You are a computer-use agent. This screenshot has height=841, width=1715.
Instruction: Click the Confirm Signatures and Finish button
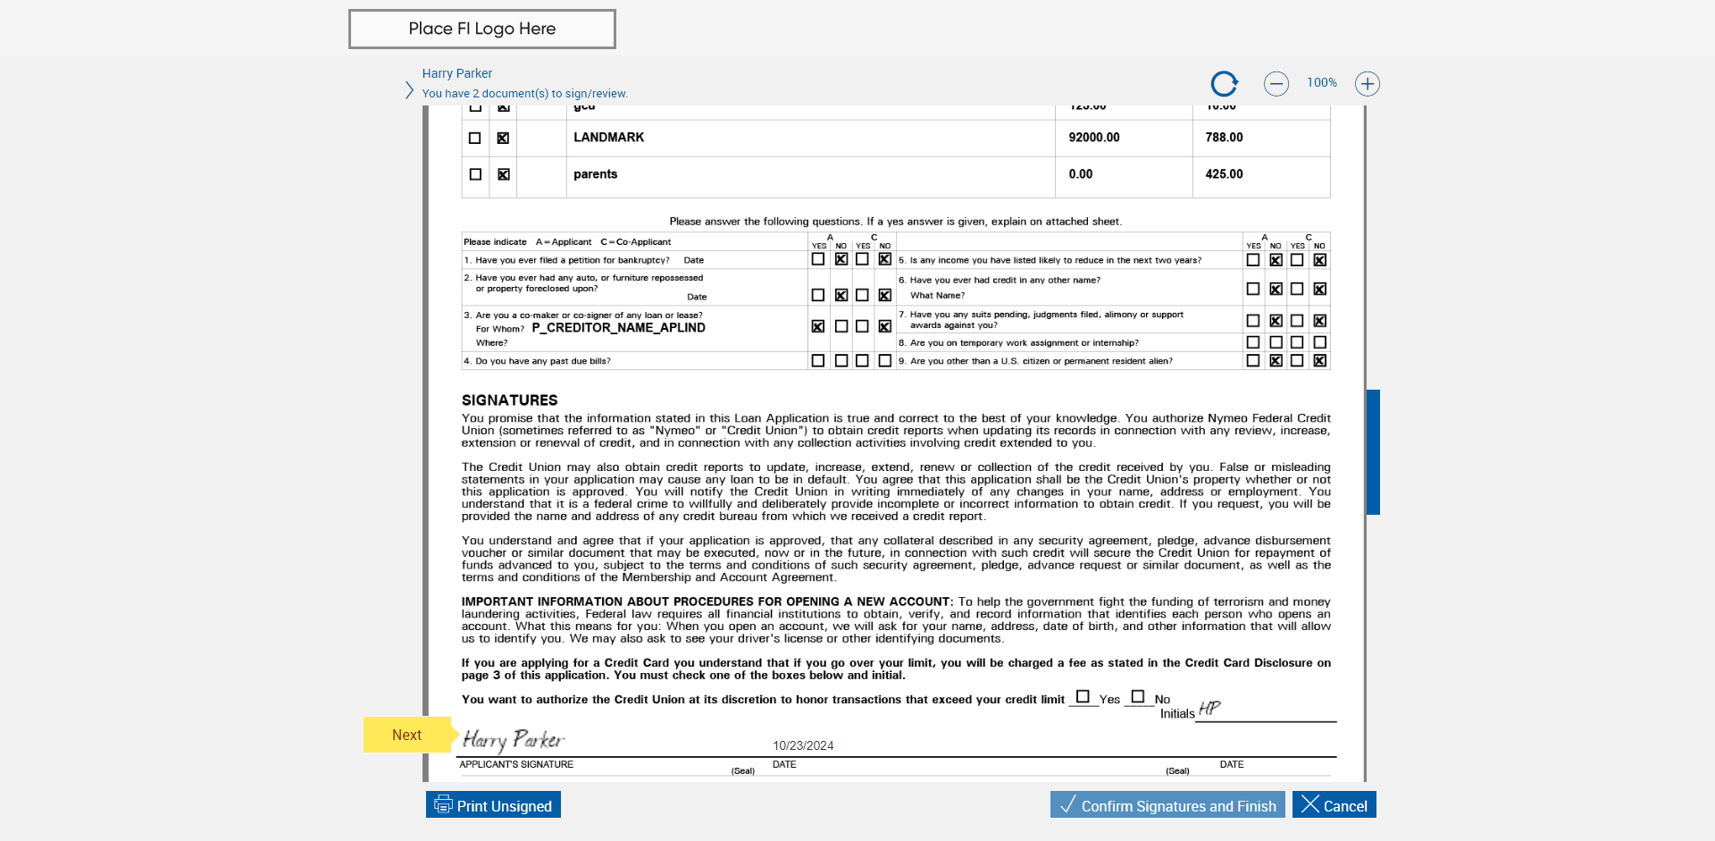coord(1167,805)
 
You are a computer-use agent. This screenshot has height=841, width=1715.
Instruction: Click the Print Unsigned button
coord(493,805)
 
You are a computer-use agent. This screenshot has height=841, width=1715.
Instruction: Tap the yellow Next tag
coord(407,735)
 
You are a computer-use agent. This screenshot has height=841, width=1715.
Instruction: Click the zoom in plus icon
coord(1367,84)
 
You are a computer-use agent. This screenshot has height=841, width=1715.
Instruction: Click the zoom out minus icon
coord(1276,84)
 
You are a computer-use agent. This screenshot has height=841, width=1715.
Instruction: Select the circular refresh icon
coord(1224,84)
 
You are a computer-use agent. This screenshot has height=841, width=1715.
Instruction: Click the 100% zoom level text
coord(1321,83)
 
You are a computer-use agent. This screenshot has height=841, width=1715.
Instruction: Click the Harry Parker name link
coord(456,73)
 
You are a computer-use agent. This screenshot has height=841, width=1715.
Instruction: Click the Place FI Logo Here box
coord(481,29)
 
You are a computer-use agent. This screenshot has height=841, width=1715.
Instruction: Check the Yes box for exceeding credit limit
coord(1083,696)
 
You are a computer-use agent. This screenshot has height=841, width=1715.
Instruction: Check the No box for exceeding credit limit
coord(1137,696)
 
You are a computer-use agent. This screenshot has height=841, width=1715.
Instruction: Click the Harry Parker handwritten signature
coord(513,740)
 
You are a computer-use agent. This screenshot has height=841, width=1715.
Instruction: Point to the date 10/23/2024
coord(802,745)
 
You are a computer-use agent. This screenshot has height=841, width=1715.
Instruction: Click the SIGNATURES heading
coord(509,400)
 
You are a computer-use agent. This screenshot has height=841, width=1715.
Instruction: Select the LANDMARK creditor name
coord(608,138)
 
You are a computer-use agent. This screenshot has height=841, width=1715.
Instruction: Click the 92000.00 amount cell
coord(1093,138)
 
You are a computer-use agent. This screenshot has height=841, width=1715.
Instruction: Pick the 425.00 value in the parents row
coord(1224,174)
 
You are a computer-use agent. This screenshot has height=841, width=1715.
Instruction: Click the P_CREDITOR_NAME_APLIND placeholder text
coord(618,328)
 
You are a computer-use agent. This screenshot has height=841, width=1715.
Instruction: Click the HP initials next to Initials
coord(1209,709)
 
